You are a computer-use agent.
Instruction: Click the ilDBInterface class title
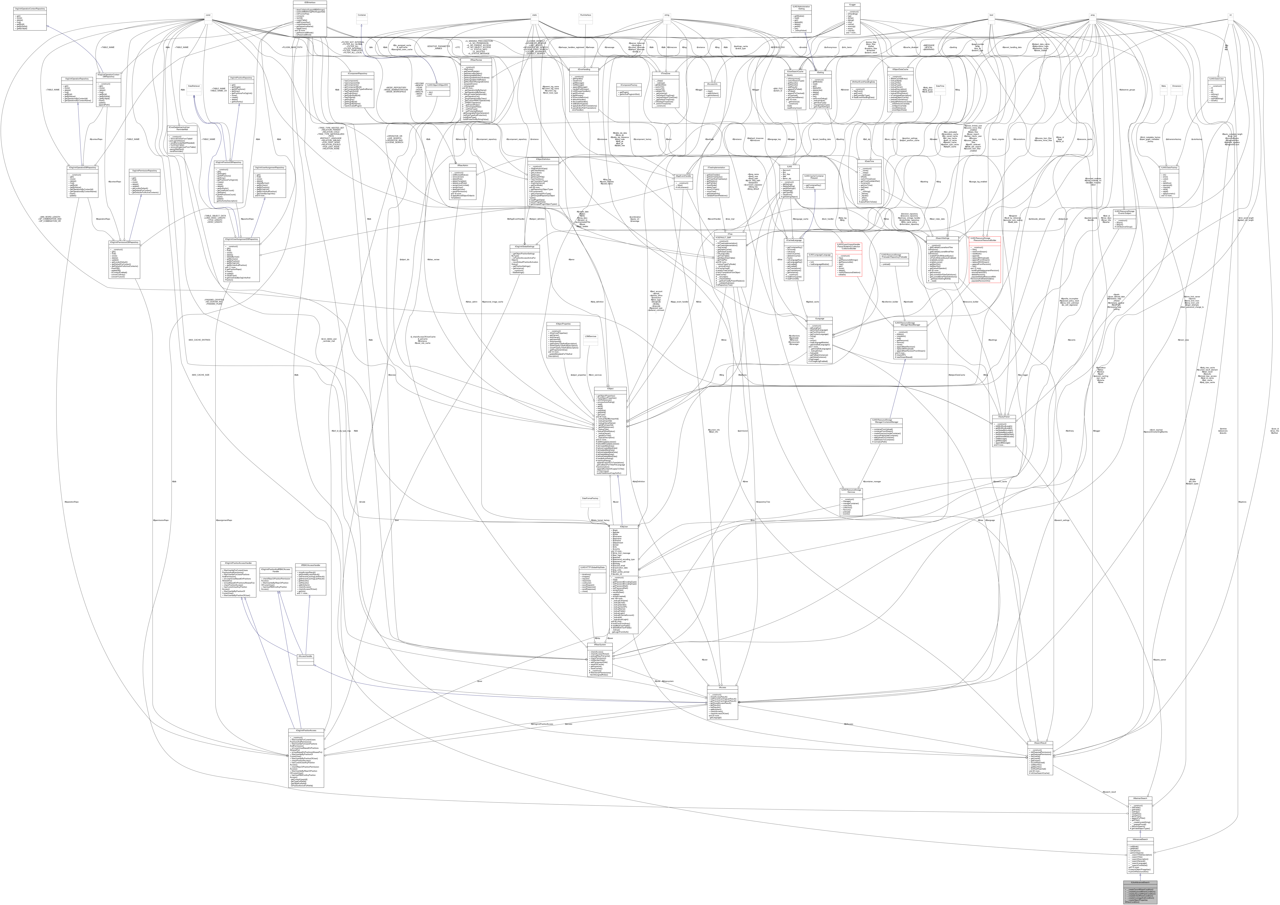(x=310, y=2)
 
